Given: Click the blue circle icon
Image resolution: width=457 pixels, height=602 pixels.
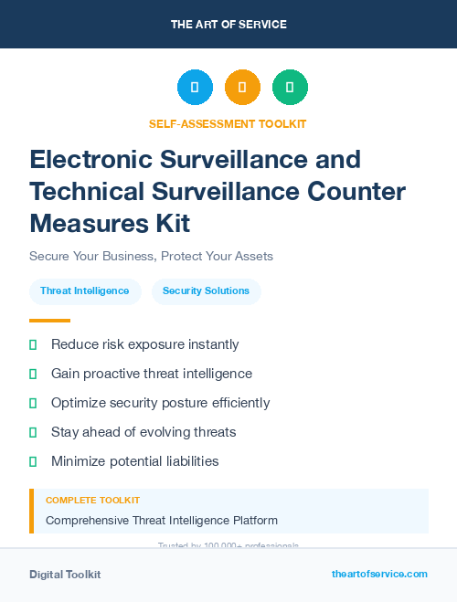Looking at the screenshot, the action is click(195, 88).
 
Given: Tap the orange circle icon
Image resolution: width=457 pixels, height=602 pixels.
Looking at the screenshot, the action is click(242, 88).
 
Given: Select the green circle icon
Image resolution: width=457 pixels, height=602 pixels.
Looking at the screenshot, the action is click(290, 88).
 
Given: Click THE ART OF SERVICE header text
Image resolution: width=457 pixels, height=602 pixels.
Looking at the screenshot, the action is click(228, 25).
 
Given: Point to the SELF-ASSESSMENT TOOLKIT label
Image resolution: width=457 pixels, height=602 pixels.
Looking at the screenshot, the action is click(228, 124).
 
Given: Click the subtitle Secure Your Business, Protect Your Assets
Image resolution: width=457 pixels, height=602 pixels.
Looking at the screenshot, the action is click(151, 256).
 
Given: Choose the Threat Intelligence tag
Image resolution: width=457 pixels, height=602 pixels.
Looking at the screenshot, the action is click(85, 291).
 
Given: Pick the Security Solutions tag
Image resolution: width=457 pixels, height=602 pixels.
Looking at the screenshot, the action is click(206, 291).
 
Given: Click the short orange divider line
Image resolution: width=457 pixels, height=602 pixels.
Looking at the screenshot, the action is click(49, 321).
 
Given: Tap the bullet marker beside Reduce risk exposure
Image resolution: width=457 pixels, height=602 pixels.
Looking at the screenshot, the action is click(33, 345).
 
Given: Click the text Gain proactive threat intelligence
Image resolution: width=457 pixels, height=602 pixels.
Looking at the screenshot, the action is click(152, 374).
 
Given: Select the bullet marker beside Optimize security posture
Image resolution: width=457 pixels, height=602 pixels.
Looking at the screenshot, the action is click(33, 403).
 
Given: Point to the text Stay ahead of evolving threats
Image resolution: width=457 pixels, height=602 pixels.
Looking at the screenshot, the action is click(143, 432).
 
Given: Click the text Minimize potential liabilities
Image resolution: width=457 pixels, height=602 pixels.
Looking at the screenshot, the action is click(135, 461).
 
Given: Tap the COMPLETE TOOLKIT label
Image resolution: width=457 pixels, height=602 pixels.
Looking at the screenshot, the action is click(92, 501).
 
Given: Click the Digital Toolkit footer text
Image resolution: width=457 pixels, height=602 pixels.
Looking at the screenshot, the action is click(65, 575).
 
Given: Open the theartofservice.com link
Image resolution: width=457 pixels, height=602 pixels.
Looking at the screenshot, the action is click(379, 574).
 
